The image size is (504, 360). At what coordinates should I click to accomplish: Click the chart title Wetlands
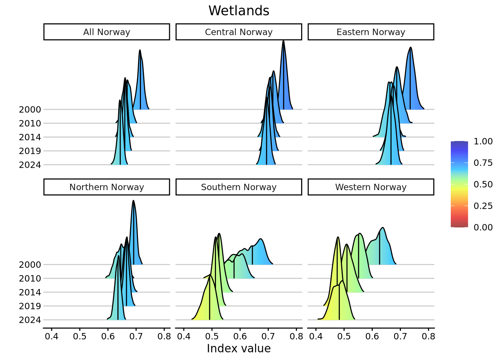(x=239, y=10)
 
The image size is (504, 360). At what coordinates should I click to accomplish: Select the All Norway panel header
(x=106, y=32)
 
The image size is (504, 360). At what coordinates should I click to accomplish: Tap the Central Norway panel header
(x=238, y=32)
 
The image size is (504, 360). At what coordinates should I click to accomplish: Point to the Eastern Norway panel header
(x=370, y=32)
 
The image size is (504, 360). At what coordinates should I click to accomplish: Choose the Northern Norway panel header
(x=106, y=187)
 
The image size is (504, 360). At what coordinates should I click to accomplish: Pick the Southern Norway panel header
(x=238, y=187)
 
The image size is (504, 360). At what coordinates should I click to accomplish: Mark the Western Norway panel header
(x=370, y=187)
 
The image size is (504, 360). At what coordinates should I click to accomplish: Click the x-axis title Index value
(x=238, y=348)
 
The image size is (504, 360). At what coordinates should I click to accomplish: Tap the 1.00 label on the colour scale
(x=483, y=141)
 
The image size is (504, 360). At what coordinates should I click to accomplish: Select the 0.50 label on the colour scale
(x=483, y=184)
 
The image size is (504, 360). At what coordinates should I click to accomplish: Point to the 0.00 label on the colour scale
(x=483, y=227)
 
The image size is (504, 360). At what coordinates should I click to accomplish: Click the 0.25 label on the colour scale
(x=483, y=206)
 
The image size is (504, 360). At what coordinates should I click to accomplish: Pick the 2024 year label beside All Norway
(x=30, y=165)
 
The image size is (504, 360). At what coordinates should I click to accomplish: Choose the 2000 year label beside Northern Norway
(x=30, y=265)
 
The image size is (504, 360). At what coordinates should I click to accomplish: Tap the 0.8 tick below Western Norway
(x=428, y=336)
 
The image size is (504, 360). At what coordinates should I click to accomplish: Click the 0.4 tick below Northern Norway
(x=52, y=336)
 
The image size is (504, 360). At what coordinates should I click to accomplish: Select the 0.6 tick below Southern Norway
(x=240, y=336)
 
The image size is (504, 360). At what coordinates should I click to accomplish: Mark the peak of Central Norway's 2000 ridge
(x=283, y=40)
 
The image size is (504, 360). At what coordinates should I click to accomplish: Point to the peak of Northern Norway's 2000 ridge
(x=133, y=201)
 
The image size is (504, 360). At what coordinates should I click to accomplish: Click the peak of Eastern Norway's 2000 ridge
(x=411, y=47)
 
